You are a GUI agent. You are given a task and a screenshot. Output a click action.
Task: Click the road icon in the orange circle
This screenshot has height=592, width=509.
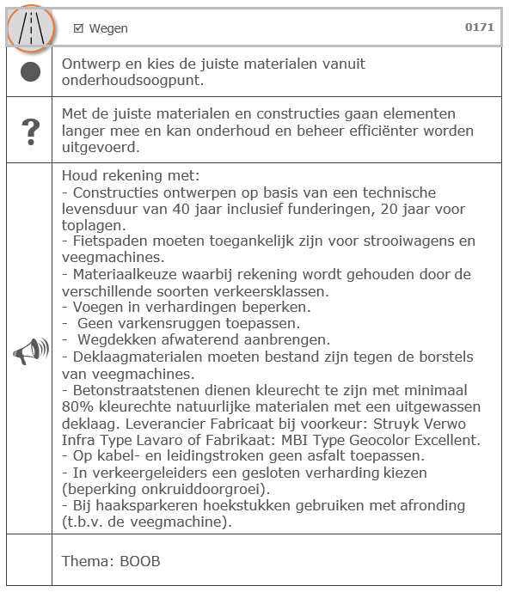click(x=30, y=28)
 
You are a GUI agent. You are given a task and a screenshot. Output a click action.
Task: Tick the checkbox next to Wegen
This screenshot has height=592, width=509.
click(x=78, y=28)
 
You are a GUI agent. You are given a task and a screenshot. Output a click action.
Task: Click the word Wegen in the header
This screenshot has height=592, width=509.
click(x=108, y=28)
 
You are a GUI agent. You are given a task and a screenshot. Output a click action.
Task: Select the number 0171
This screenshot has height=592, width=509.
click(x=479, y=27)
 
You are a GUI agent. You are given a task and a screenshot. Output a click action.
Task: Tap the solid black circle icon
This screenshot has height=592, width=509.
click(x=30, y=72)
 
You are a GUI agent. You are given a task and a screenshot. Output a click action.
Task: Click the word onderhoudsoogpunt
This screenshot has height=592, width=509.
click(x=129, y=80)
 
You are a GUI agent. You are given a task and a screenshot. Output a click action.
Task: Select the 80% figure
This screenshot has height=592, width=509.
click(x=76, y=421)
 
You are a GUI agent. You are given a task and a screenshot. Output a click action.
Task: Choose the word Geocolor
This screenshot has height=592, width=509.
click(x=371, y=437)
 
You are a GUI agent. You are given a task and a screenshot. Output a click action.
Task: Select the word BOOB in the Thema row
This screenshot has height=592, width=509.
click(x=140, y=561)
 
